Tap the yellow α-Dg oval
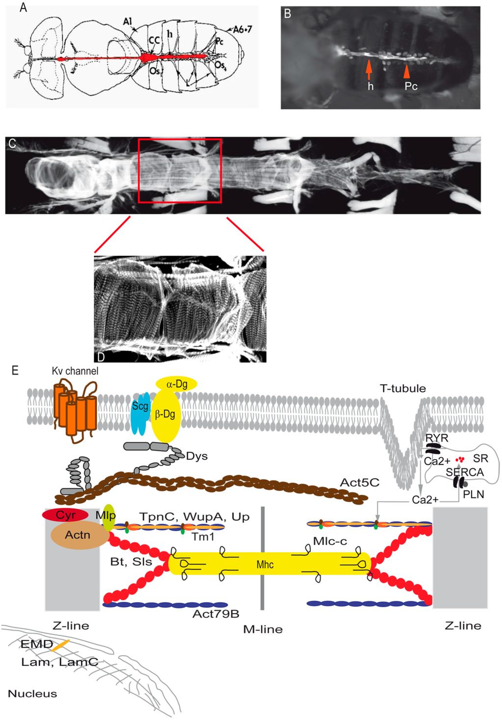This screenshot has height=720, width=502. pos(176,384)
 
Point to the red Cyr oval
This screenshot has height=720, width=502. pos(65,515)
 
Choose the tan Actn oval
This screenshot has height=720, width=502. pos(79,535)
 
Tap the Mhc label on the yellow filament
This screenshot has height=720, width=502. pos(265,565)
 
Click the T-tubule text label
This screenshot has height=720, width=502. pos(402,389)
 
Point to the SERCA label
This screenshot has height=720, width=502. pos(464,472)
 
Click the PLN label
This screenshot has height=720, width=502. pos(473,494)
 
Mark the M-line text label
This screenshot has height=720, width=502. pos(263,629)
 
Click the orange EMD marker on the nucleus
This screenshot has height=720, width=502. pos(60,645)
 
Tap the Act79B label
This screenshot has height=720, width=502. pos(216,614)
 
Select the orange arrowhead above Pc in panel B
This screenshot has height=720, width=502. pos(406,72)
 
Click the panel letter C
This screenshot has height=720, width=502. pos(12,143)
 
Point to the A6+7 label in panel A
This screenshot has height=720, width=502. pos(242,29)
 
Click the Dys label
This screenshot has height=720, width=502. pos(197,456)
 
